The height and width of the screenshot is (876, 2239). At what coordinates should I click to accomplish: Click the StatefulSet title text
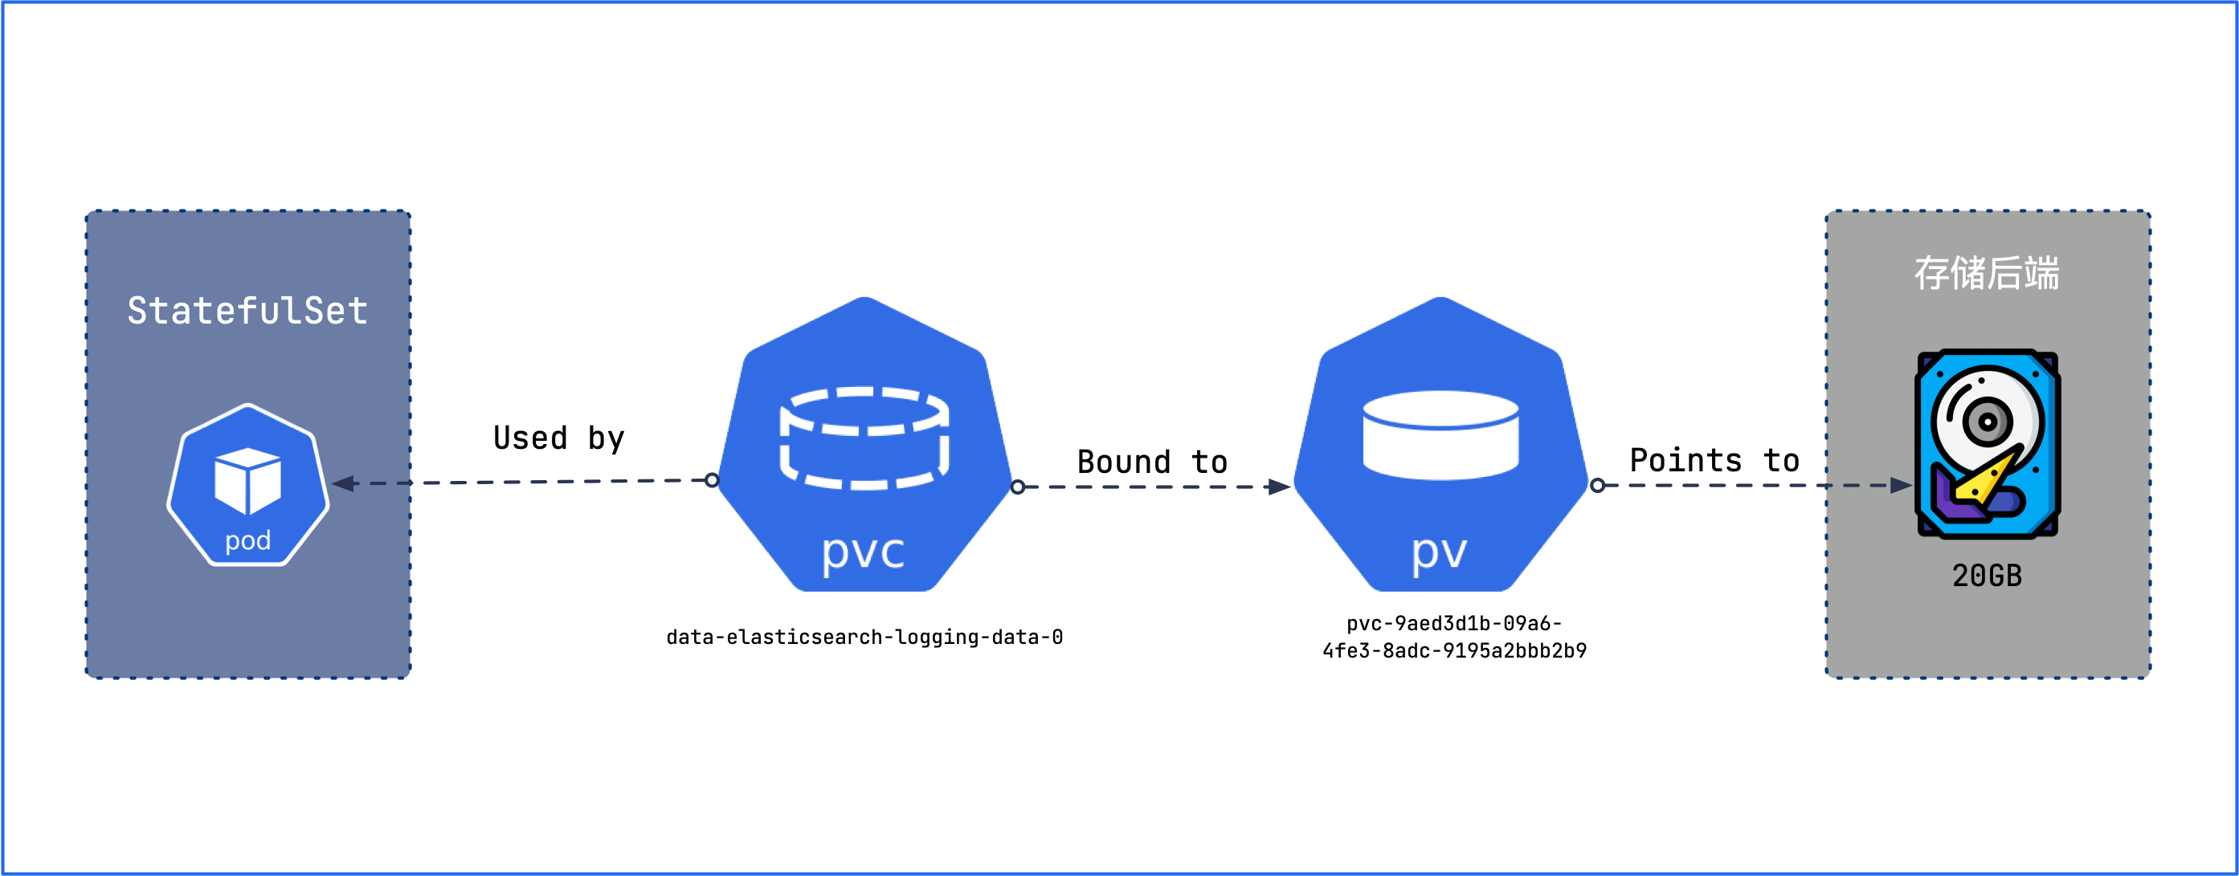[247, 310]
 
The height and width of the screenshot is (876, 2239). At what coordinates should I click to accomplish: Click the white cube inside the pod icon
[247, 479]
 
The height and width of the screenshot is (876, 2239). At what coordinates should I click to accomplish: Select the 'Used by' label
[558, 438]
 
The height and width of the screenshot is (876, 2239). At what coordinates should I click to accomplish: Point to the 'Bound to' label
[1152, 462]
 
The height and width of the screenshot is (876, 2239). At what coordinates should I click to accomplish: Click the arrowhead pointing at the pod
[344, 483]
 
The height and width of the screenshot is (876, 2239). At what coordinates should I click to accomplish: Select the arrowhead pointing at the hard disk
[1900, 485]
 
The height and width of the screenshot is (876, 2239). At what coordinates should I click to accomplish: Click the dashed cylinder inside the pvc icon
[864, 437]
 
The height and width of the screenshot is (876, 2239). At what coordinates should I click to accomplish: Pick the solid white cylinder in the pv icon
[1440, 434]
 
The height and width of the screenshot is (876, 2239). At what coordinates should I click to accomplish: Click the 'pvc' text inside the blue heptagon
[863, 551]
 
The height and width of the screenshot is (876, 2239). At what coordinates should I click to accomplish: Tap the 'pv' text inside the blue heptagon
[1440, 551]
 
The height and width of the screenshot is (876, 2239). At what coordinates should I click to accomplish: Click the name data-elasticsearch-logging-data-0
[864, 637]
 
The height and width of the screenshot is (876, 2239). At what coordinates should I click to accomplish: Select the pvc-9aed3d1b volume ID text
[1454, 637]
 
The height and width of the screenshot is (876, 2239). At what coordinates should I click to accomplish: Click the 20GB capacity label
[1987, 576]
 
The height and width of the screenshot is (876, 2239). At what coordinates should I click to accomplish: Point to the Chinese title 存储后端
[1987, 273]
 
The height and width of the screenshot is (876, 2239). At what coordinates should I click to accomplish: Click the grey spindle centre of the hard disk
[1987, 422]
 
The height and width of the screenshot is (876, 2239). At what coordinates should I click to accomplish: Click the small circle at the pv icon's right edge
[1598, 485]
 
